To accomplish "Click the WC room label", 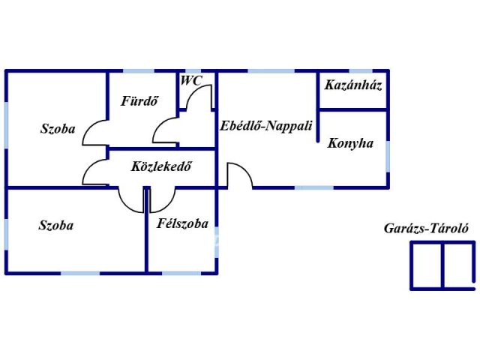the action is (191, 81).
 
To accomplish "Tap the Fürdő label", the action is (139, 101).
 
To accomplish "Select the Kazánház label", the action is (353, 85).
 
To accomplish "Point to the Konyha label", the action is (350, 143).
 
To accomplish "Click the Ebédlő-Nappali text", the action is (266, 126).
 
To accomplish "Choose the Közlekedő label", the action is (161, 166).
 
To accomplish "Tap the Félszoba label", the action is (183, 223).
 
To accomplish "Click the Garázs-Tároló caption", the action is (426, 228).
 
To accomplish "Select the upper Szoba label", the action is (58, 129).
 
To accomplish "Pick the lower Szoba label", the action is (56, 226).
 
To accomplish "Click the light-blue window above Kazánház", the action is (361, 71).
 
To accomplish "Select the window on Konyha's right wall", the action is (388, 157).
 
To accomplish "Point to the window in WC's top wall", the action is (193, 71).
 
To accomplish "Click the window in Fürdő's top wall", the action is (139, 71).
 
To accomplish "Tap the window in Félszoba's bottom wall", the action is (181, 273).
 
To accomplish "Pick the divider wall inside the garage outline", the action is (442, 265).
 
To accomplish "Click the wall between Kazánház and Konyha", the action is (353, 109).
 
